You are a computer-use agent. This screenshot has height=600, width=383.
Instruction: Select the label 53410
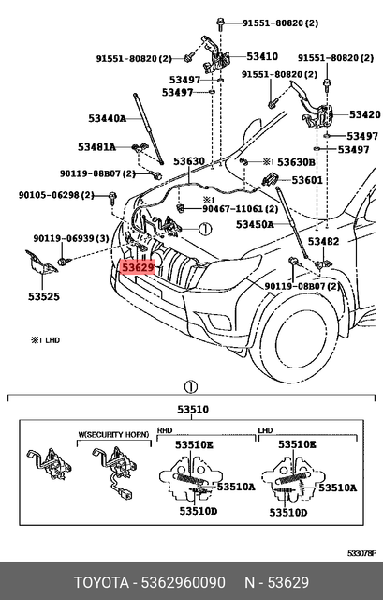(x=261, y=57)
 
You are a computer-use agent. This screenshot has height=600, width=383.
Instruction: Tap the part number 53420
(x=364, y=114)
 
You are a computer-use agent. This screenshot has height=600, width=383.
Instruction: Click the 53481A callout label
(x=96, y=147)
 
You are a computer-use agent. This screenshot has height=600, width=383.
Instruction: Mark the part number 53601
(x=306, y=180)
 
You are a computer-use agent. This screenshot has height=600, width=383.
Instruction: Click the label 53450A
(x=255, y=225)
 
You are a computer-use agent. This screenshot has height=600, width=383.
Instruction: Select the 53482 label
(x=324, y=241)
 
